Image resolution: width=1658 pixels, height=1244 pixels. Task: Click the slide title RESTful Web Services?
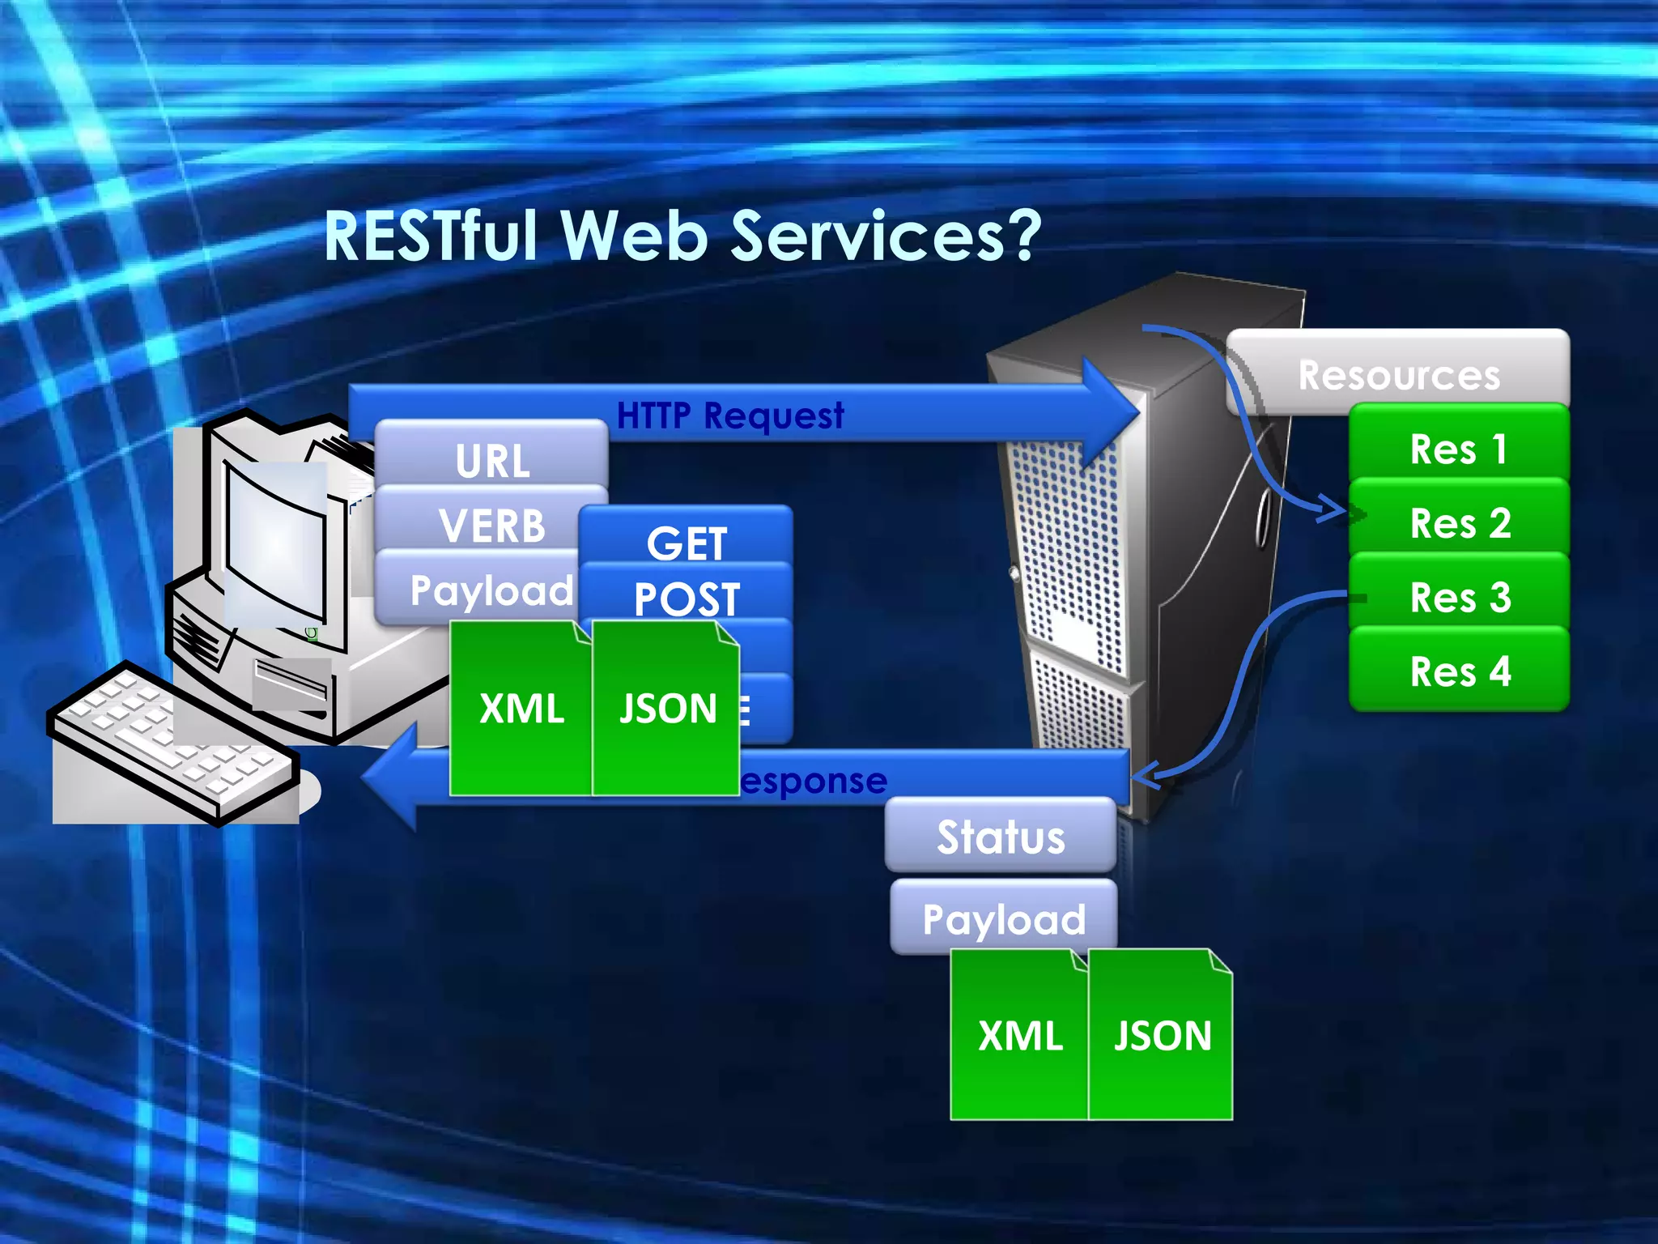pos(682,236)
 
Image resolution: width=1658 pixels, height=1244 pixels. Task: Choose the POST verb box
pos(687,597)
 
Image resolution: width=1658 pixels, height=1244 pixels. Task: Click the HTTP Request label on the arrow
pos(729,415)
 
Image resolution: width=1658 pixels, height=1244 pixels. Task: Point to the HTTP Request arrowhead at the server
pos(1113,412)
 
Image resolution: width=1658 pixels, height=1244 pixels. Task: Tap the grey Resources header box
pos(1398,374)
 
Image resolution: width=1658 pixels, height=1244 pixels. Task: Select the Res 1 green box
pos(1459,448)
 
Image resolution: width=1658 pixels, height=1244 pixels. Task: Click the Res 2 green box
pos(1459,522)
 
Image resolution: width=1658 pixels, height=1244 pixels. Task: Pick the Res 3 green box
pos(1459,597)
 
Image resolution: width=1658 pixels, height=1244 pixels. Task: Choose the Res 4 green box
pos(1459,671)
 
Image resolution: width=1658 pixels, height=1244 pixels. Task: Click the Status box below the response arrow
pos(1001,837)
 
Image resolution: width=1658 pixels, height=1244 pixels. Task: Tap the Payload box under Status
pos(1004,918)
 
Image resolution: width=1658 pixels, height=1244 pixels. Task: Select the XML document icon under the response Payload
pos(1018,1035)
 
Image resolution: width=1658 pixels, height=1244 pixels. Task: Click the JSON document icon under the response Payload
pos(1161,1035)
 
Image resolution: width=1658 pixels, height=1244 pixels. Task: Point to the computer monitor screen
pos(275,543)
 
